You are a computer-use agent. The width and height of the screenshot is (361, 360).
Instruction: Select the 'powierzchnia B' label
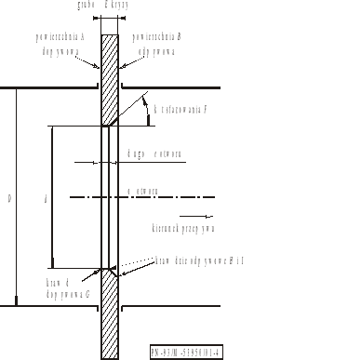tap(155, 41)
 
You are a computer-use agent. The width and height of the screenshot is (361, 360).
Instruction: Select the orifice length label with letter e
tap(148, 153)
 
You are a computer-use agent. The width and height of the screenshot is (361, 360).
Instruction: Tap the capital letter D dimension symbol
tap(8, 197)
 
